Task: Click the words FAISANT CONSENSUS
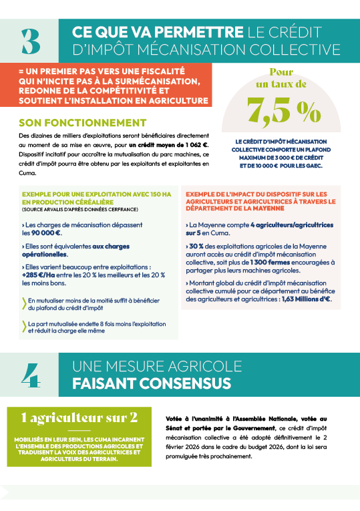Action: point(152,383)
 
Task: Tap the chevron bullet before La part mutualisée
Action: point(23,325)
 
